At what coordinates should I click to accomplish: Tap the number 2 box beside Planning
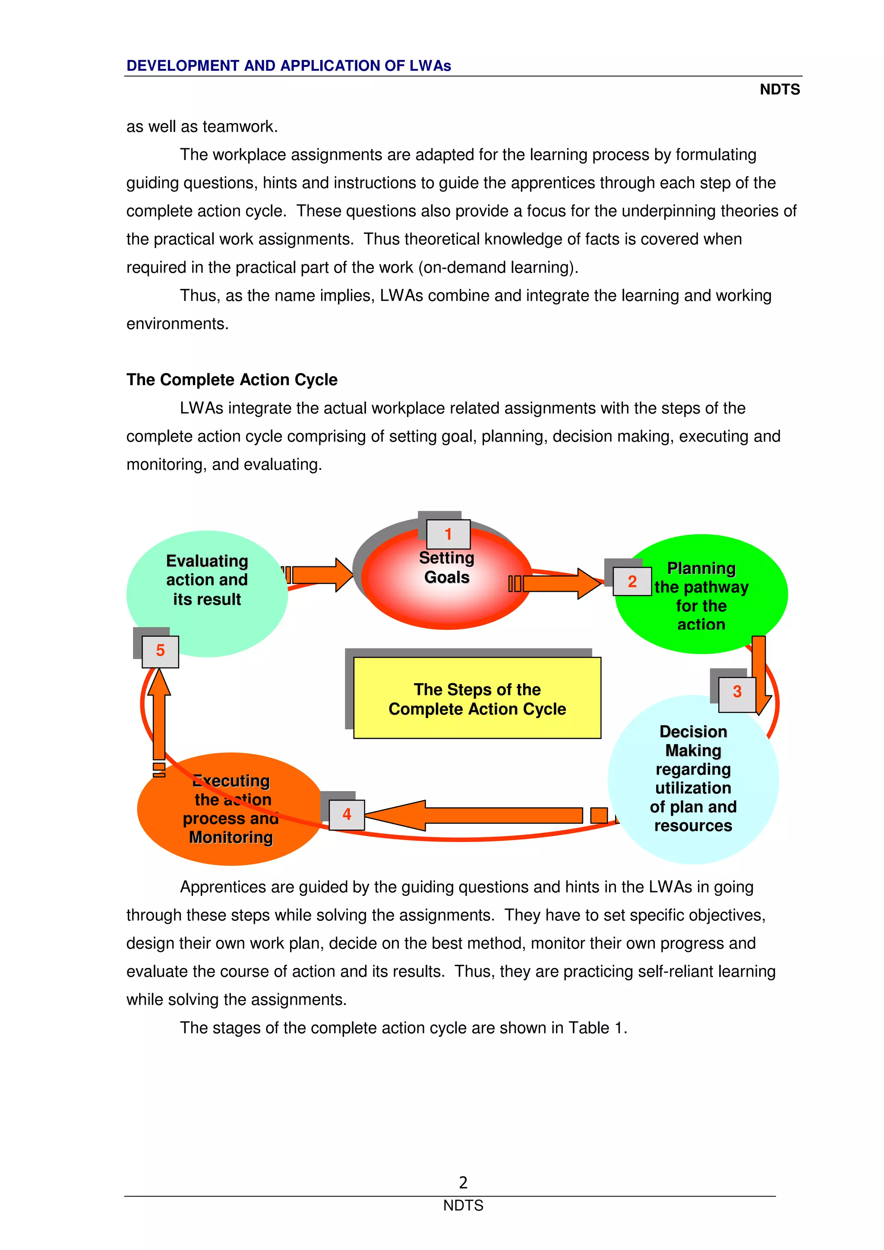[x=632, y=581]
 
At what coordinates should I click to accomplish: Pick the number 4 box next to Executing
[x=347, y=814]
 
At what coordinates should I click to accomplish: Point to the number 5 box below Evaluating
[x=160, y=650]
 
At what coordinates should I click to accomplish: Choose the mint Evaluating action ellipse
[x=207, y=621]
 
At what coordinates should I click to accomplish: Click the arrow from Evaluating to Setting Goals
[x=321, y=575]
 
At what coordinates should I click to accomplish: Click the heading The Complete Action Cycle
[x=231, y=380]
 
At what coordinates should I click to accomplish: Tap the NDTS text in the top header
[x=780, y=90]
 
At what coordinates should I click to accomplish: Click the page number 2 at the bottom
[x=463, y=1182]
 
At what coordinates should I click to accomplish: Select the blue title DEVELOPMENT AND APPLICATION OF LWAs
[x=289, y=66]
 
